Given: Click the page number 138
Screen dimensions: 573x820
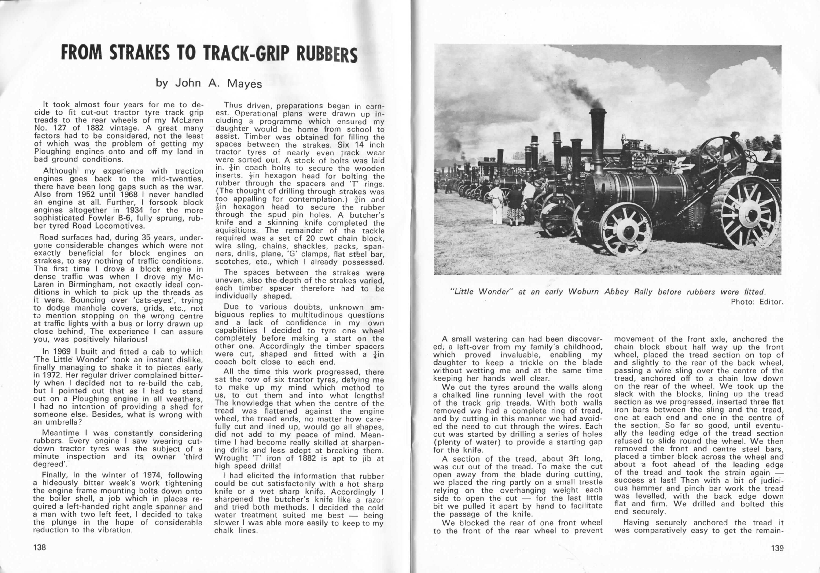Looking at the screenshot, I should coord(40,547).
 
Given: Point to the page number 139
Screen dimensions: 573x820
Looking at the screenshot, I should coord(777,548).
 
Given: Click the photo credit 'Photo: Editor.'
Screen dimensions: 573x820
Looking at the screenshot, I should coord(757,302).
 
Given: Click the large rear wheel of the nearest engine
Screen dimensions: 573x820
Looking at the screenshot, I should coord(749,214).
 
